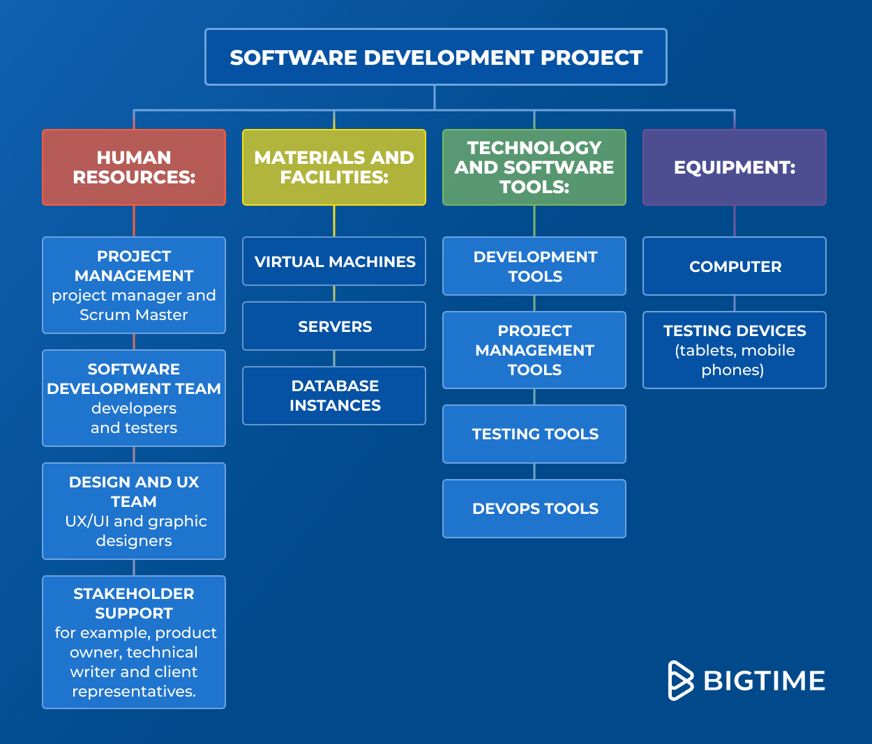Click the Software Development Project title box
point(435,57)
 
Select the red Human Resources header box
point(134,167)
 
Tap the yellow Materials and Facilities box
point(334,167)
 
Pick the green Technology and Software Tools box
point(534,167)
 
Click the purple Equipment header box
point(735,167)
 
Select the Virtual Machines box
point(334,261)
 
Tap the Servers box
point(334,326)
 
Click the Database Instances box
point(334,395)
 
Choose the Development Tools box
point(534,266)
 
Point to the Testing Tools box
point(534,434)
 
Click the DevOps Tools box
point(534,508)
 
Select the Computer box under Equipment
point(735,266)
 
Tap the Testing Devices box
point(735,350)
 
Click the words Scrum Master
point(134,315)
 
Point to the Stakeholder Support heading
point(134,603)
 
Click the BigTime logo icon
point(680,681)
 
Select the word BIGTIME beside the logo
point(765,681)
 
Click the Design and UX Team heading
point(134,492)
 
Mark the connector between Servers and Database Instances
point(334,358)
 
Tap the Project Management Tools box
point(534,350)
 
